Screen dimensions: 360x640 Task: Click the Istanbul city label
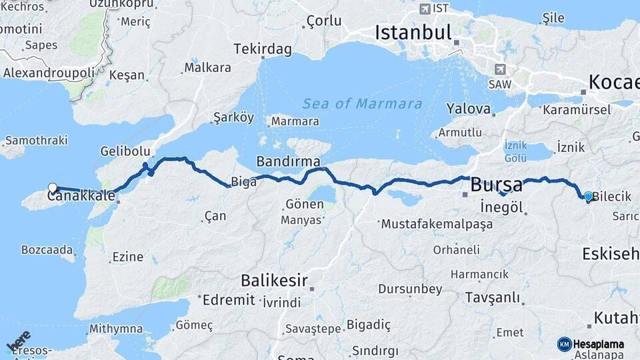[x=413, y=32]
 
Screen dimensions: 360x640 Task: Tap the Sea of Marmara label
[x=362, y=104]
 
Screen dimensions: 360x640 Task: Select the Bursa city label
[x=497, y=184]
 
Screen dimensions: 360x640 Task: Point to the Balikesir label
[x=274, y=280]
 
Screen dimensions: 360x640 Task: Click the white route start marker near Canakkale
[x=53, y=188]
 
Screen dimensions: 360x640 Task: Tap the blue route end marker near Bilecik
[x=588, y=197]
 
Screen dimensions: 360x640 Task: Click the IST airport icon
[x=425, y=9]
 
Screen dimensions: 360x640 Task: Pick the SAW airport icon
[x=500, y=69]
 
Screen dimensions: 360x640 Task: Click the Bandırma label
[x=288, y=162]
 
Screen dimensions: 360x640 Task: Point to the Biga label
[x=243, y=181]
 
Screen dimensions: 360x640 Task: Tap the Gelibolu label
[x=123, y=151]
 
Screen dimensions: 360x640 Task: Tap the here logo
[x=19, y=341]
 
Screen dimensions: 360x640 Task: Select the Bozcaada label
[x=47, y=249]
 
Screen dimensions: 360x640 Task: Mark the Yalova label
[x=468, y=108]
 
